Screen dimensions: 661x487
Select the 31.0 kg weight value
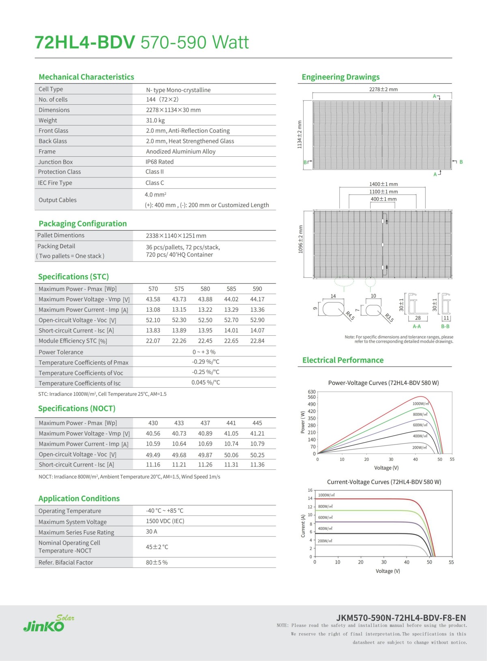click(155, 121)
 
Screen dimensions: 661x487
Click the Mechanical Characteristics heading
click(86, 77)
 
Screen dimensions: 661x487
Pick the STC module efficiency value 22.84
click(257, 341)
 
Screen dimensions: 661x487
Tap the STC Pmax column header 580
click(205, 289)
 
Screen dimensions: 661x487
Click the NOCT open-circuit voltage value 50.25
click(257, 455)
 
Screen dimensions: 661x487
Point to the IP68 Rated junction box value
click(159, 162)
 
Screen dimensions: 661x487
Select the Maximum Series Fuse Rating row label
click(76, 532)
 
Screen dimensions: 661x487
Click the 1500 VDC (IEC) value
click(165, 521)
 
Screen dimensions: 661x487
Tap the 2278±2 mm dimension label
click(383, 89)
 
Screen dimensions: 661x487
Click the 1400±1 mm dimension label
click(383, 184)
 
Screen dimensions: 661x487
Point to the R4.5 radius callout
click(350, 316)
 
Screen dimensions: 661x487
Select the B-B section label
click(445, 326)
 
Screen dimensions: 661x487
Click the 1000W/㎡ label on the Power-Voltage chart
click(420, 404)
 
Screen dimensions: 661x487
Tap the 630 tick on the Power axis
click(312, 392)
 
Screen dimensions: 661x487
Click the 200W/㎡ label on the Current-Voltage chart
click(325, 541)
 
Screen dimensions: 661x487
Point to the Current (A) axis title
click(303, 526)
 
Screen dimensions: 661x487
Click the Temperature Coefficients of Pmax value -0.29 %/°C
click(206, 362)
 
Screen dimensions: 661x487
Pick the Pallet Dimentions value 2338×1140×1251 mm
click(176, 236)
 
